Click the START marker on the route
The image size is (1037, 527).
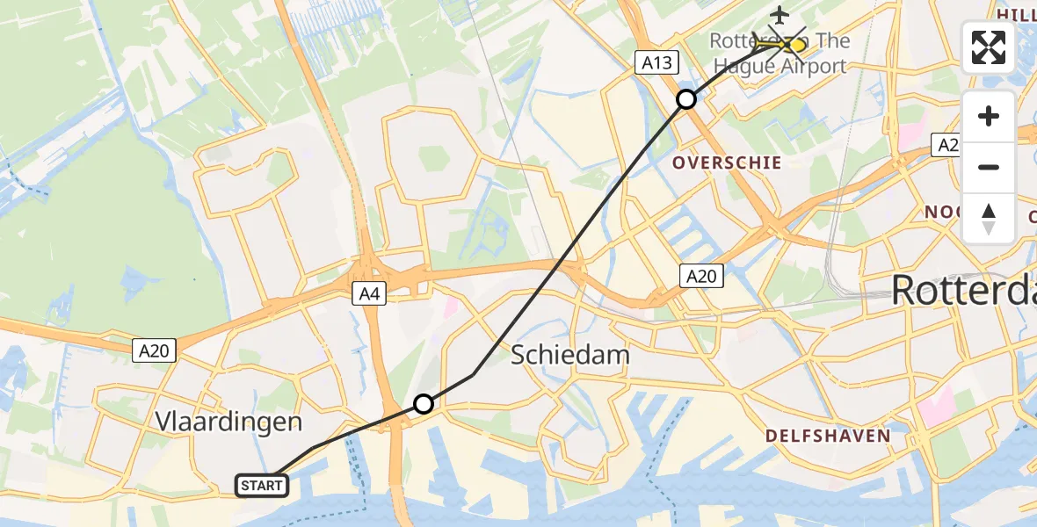pos(261,485)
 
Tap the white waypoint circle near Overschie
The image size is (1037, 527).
pos(686,99)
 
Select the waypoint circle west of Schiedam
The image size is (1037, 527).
pos(424,404)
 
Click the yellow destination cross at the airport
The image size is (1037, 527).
pos(796,44)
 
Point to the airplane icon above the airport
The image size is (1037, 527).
pos(779,14)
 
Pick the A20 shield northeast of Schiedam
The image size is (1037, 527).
pos(700,277)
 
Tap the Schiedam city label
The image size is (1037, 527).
pos(570,356)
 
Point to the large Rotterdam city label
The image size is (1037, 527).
pos(963,291)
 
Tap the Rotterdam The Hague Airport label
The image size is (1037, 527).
pos(779,54)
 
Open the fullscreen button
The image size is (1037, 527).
pos(989,47)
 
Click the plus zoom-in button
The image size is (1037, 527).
pos(989,116)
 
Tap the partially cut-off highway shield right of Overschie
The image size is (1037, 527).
pos(946,146)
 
